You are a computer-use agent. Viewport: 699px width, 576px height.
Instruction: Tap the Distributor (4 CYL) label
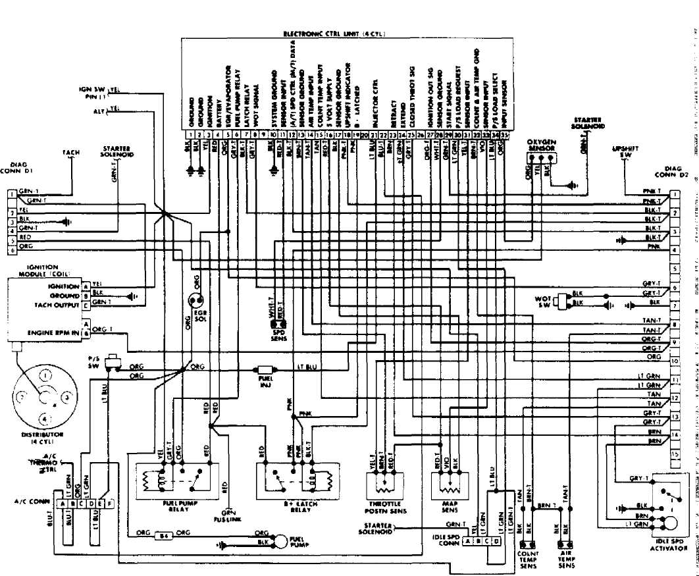point(43,438)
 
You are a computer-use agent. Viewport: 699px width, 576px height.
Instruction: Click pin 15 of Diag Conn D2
point(674,455)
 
